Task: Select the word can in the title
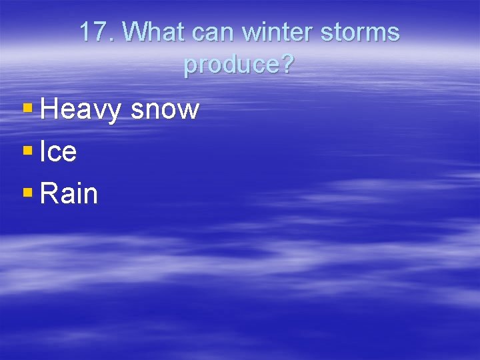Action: tap(215, 32)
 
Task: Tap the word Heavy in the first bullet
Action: tap(81, 110)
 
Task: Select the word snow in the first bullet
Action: tap(165, 110)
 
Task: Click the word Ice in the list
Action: tap(59, 152)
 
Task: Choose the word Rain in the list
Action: tap(69, 193)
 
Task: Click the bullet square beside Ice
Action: tap(27, 151)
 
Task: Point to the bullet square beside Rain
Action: tap(27, 193)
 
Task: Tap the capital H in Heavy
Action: tap(49, 109)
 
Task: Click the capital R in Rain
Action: tap(49, 193)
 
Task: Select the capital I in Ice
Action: tap(43, 152)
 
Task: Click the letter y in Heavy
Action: tap(113, 112)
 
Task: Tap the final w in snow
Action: tap(189, 111)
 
